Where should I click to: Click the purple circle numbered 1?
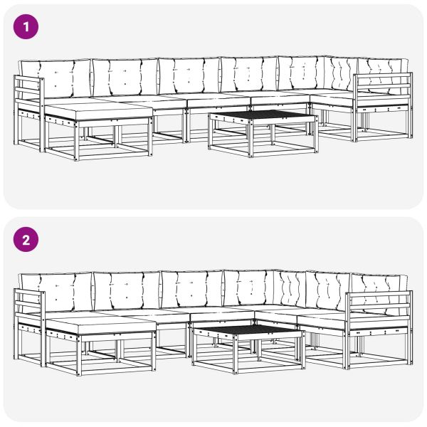(26, 27)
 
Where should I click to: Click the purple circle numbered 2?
(26, 240)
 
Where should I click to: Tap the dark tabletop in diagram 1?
(263, 115)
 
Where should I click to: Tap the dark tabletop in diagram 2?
(248, 330)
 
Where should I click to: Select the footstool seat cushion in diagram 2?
(100, 325)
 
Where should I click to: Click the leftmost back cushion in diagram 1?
(56, 79)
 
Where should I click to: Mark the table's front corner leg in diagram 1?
(251, 139)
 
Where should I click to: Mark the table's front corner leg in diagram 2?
(236, 354)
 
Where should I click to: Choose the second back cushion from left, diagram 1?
(125, 77)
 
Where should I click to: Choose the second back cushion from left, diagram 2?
(127, 291)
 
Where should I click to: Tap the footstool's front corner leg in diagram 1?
(76, 141)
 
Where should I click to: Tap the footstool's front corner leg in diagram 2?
(78, 355)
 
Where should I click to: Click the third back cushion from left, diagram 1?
(189, 76)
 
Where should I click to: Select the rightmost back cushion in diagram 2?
(380, 290)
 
